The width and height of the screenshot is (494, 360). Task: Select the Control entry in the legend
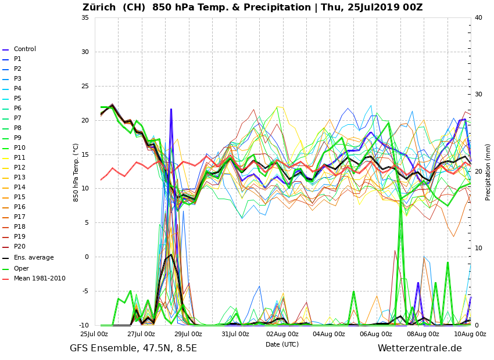tap(24, 49)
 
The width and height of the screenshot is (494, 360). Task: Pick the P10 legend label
tap(19, 148)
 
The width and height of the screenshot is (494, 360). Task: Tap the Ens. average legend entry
tap(34, 257)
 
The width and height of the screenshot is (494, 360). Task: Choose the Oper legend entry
tap(22, 268)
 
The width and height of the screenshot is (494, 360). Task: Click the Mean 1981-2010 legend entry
tap(40, 279)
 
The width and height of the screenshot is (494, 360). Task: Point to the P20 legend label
tap(19, 247)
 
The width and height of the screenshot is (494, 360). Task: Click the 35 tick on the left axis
tap(85, 17)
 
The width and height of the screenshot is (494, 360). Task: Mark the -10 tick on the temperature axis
tap(83, 325)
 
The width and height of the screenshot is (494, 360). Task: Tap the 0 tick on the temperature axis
tap(87, 257)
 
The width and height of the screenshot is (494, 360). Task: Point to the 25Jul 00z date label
tap(94, 334)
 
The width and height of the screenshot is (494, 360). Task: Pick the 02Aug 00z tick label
tap(282, 334)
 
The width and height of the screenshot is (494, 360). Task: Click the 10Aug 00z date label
tap(470, 334)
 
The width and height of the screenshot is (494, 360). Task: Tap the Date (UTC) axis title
tap(282, 344)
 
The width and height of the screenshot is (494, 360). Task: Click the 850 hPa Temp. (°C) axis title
tap(76, 172)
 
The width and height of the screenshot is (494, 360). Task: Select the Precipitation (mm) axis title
tap(488, 172)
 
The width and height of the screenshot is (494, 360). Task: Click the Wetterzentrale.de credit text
tap(420, 348)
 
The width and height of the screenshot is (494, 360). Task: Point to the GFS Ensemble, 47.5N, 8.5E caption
tap(133, 348)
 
